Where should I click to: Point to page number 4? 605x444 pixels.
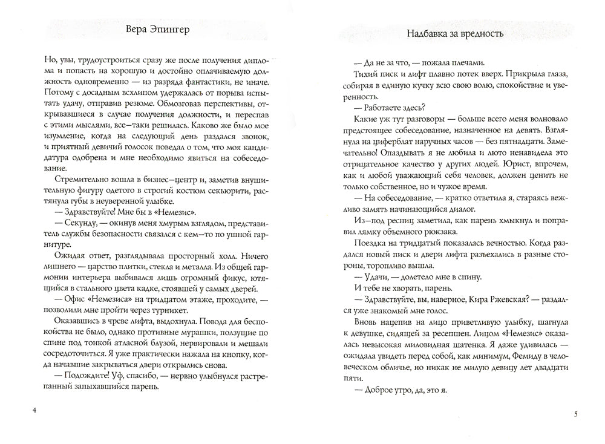tap(34, 411)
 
